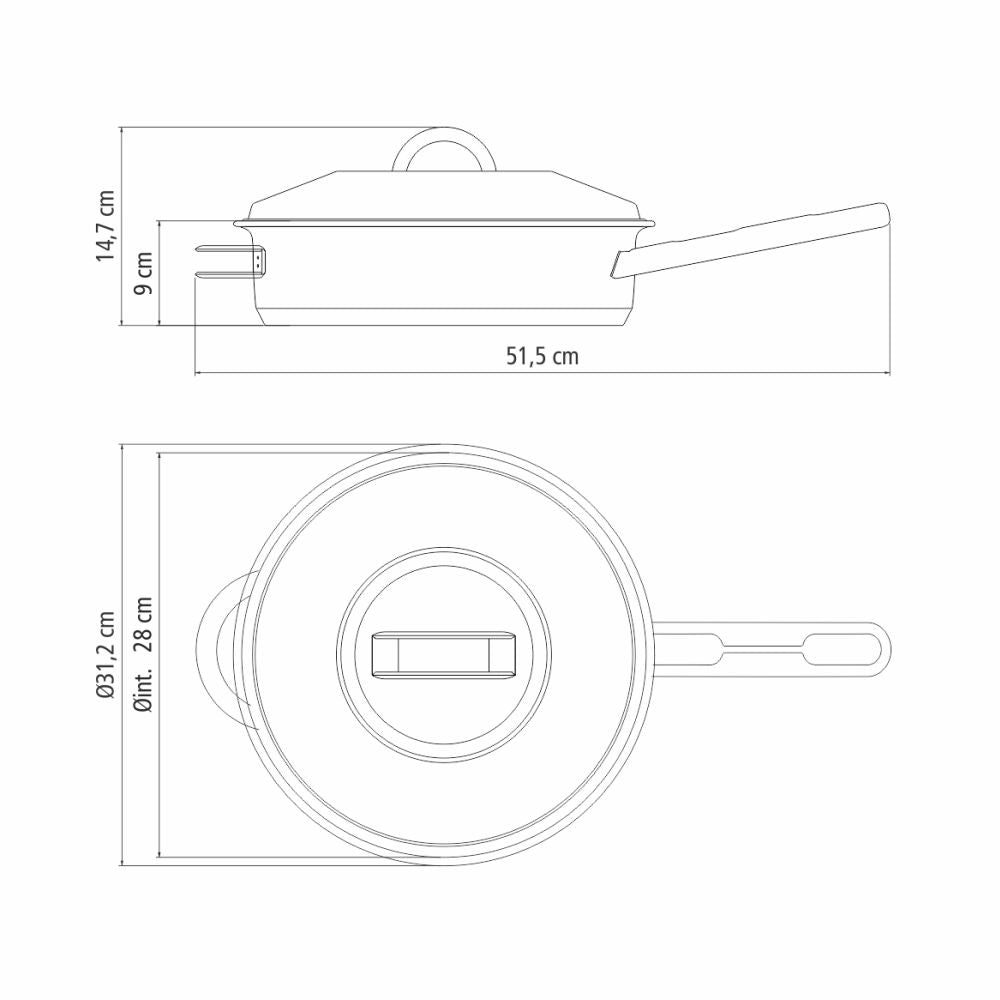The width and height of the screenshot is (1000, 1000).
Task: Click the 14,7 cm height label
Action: tap(105, 224)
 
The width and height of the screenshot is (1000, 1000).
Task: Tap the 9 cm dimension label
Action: tap(143, 273)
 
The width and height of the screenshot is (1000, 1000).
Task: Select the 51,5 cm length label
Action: tap(542, 356)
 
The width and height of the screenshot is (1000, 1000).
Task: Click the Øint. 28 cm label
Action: tap(143, 654)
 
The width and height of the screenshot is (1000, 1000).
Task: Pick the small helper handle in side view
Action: tap(230, 261)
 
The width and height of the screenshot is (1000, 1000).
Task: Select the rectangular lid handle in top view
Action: tap(444, 654)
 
